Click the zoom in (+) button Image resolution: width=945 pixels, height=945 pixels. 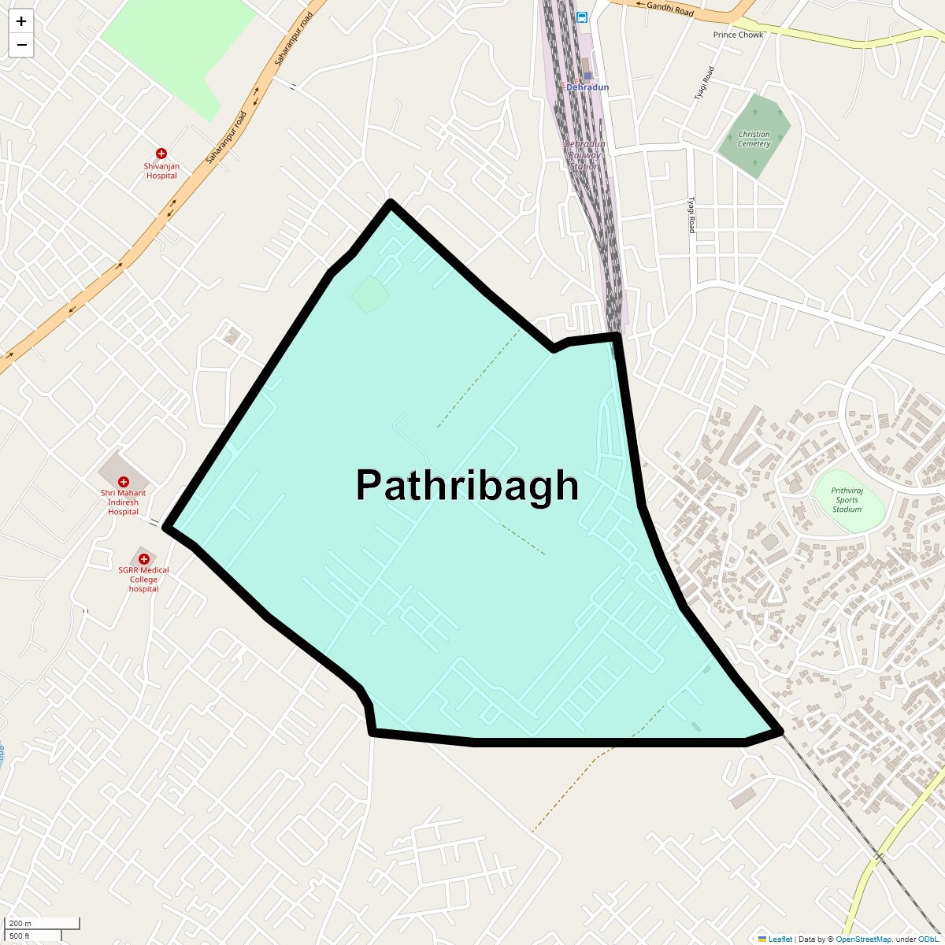(x=21, y=22)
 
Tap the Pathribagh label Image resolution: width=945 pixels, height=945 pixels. (x=467, y=485)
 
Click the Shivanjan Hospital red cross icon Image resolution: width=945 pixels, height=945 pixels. (x=161, y=154)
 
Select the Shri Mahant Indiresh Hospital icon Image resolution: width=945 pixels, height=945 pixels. (x=123, y=481)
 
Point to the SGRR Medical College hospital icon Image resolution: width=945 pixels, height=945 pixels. (x=143, y=558)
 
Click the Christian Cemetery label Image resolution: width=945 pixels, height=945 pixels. (x=754, y=139)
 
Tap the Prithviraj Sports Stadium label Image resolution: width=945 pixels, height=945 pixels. (x=847, y=500)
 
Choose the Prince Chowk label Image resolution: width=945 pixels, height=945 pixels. (x=738, y=35)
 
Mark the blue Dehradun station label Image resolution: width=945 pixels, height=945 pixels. (x=587, y=87)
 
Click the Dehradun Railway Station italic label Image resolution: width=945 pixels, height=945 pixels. (x=584, y=155)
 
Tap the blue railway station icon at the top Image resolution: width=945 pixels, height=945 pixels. (x=581, y=17)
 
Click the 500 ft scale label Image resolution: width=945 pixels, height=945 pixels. (x=20, y=936)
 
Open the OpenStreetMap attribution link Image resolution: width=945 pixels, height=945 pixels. (x=863, y=939)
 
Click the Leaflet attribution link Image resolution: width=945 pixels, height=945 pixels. (x=780, y=939)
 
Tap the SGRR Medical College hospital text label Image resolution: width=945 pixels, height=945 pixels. (x=143, y=580)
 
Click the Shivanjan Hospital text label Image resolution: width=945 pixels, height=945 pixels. (x=161, y=171)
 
